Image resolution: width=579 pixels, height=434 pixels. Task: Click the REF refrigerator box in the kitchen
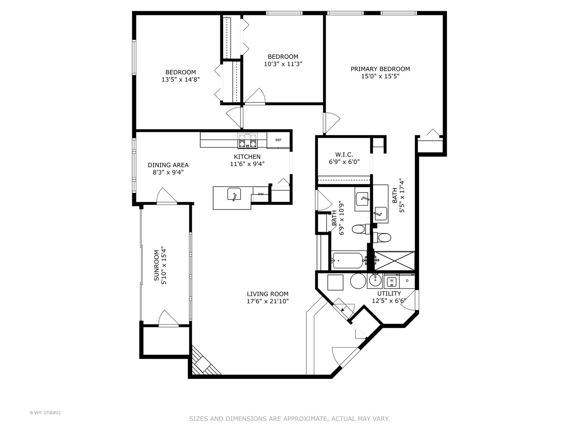[x=278, y=140]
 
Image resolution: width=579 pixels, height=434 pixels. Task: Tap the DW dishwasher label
[x=261, y=194]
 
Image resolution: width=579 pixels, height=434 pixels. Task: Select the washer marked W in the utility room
[x=392, y=282]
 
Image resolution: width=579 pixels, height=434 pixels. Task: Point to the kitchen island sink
[x=234, y=194]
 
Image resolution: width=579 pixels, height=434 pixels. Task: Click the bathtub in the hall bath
[x=348, y=261]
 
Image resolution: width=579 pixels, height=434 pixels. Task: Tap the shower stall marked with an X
[x=394, y=261]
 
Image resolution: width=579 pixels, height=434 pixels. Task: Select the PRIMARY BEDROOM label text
[x=380, y=69]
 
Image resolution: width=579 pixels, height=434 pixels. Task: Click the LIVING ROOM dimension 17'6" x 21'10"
[x=268, y=301]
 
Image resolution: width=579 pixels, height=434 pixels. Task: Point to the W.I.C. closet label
[x=344, y=154]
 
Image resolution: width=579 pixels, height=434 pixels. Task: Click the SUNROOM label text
[x=156, y=265]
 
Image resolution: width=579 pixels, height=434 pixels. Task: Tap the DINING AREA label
[x=168, y=165]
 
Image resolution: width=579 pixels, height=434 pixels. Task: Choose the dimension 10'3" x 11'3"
[x=283, y=64]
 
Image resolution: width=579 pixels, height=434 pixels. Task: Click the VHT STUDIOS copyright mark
[x=45, y=413]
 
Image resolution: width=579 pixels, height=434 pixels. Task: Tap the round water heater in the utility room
[x=358, y=281]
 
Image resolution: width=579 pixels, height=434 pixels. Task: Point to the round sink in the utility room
[x=375, y=280]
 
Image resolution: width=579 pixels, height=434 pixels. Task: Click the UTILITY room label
[x=389, y=293]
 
